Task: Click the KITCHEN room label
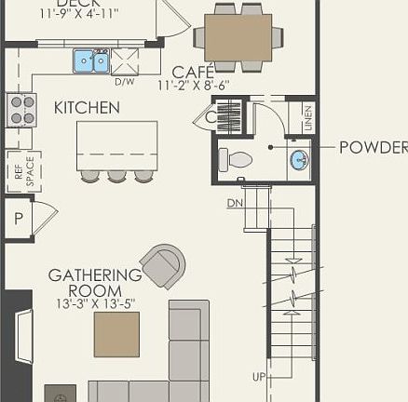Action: point(87,108)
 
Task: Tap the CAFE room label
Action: point(194,72)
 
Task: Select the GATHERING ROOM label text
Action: point(94,283)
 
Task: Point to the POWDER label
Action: point(373,148)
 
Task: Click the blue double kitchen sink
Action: point(91,61)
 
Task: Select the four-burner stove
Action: point(21,109)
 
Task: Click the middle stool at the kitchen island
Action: point(116,175)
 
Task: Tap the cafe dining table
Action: point(238,37)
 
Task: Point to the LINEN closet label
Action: point(307,117)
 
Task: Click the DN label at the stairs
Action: point(235,203)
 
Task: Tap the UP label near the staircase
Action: point(258,377)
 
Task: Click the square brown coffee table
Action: point(116,334)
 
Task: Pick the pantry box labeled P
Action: point(19,220)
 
